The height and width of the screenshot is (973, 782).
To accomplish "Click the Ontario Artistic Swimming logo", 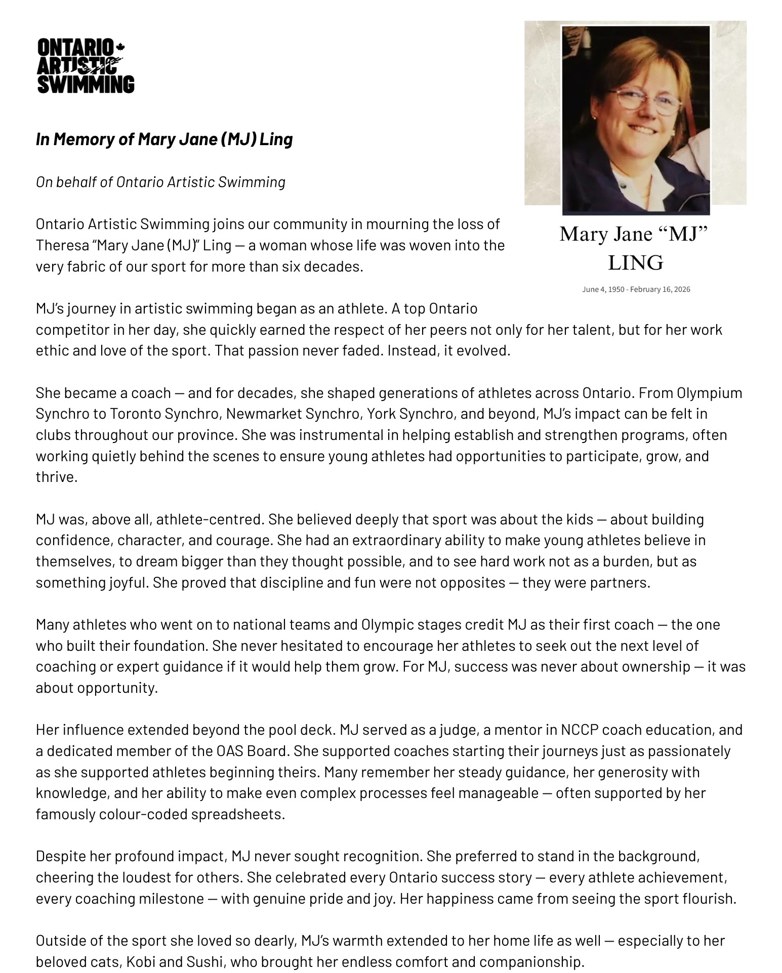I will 86,66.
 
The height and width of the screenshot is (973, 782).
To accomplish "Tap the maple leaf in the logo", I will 120,47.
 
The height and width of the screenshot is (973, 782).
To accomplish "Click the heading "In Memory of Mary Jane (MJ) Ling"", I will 164,139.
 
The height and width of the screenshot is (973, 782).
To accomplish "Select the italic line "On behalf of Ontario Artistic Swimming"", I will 160,182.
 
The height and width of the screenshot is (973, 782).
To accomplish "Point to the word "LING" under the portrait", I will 635,263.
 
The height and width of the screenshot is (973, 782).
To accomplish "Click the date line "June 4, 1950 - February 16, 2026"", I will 636,289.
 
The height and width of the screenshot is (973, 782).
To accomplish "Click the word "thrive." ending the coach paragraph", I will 56,477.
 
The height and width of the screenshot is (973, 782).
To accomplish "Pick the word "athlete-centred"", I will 210,519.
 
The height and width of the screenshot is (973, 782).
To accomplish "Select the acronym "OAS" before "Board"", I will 230,751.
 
